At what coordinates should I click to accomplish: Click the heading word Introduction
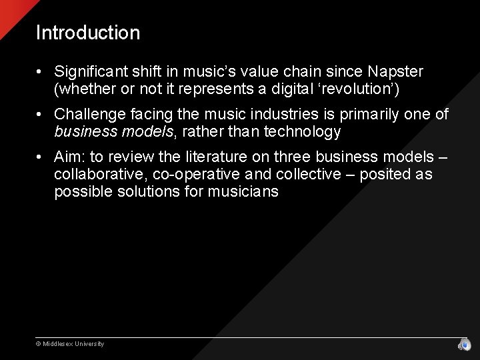click(88, 33)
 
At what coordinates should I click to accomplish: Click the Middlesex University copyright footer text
click(70, 344)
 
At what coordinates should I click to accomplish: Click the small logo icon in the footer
click(464, 344)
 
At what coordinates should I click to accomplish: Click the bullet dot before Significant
click(41, 72)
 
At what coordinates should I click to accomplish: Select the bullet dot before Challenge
click(41, 115)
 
